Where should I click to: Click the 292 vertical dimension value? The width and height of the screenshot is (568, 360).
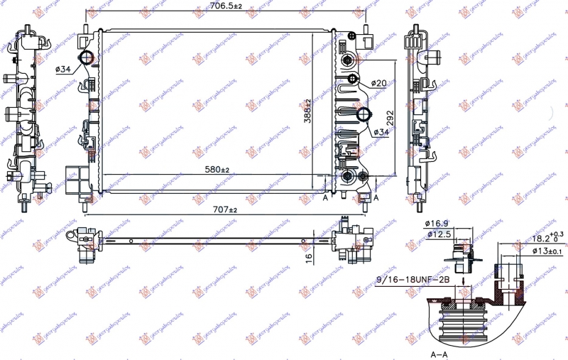(x=389, y=117)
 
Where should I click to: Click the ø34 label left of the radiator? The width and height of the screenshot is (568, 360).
(x=62, y=69)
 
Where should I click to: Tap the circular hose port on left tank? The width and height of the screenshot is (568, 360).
(x=86, y=58)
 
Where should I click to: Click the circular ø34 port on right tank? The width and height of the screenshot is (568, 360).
(x=363, y=115)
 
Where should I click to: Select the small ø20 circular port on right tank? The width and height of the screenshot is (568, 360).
(x=353, y=78)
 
